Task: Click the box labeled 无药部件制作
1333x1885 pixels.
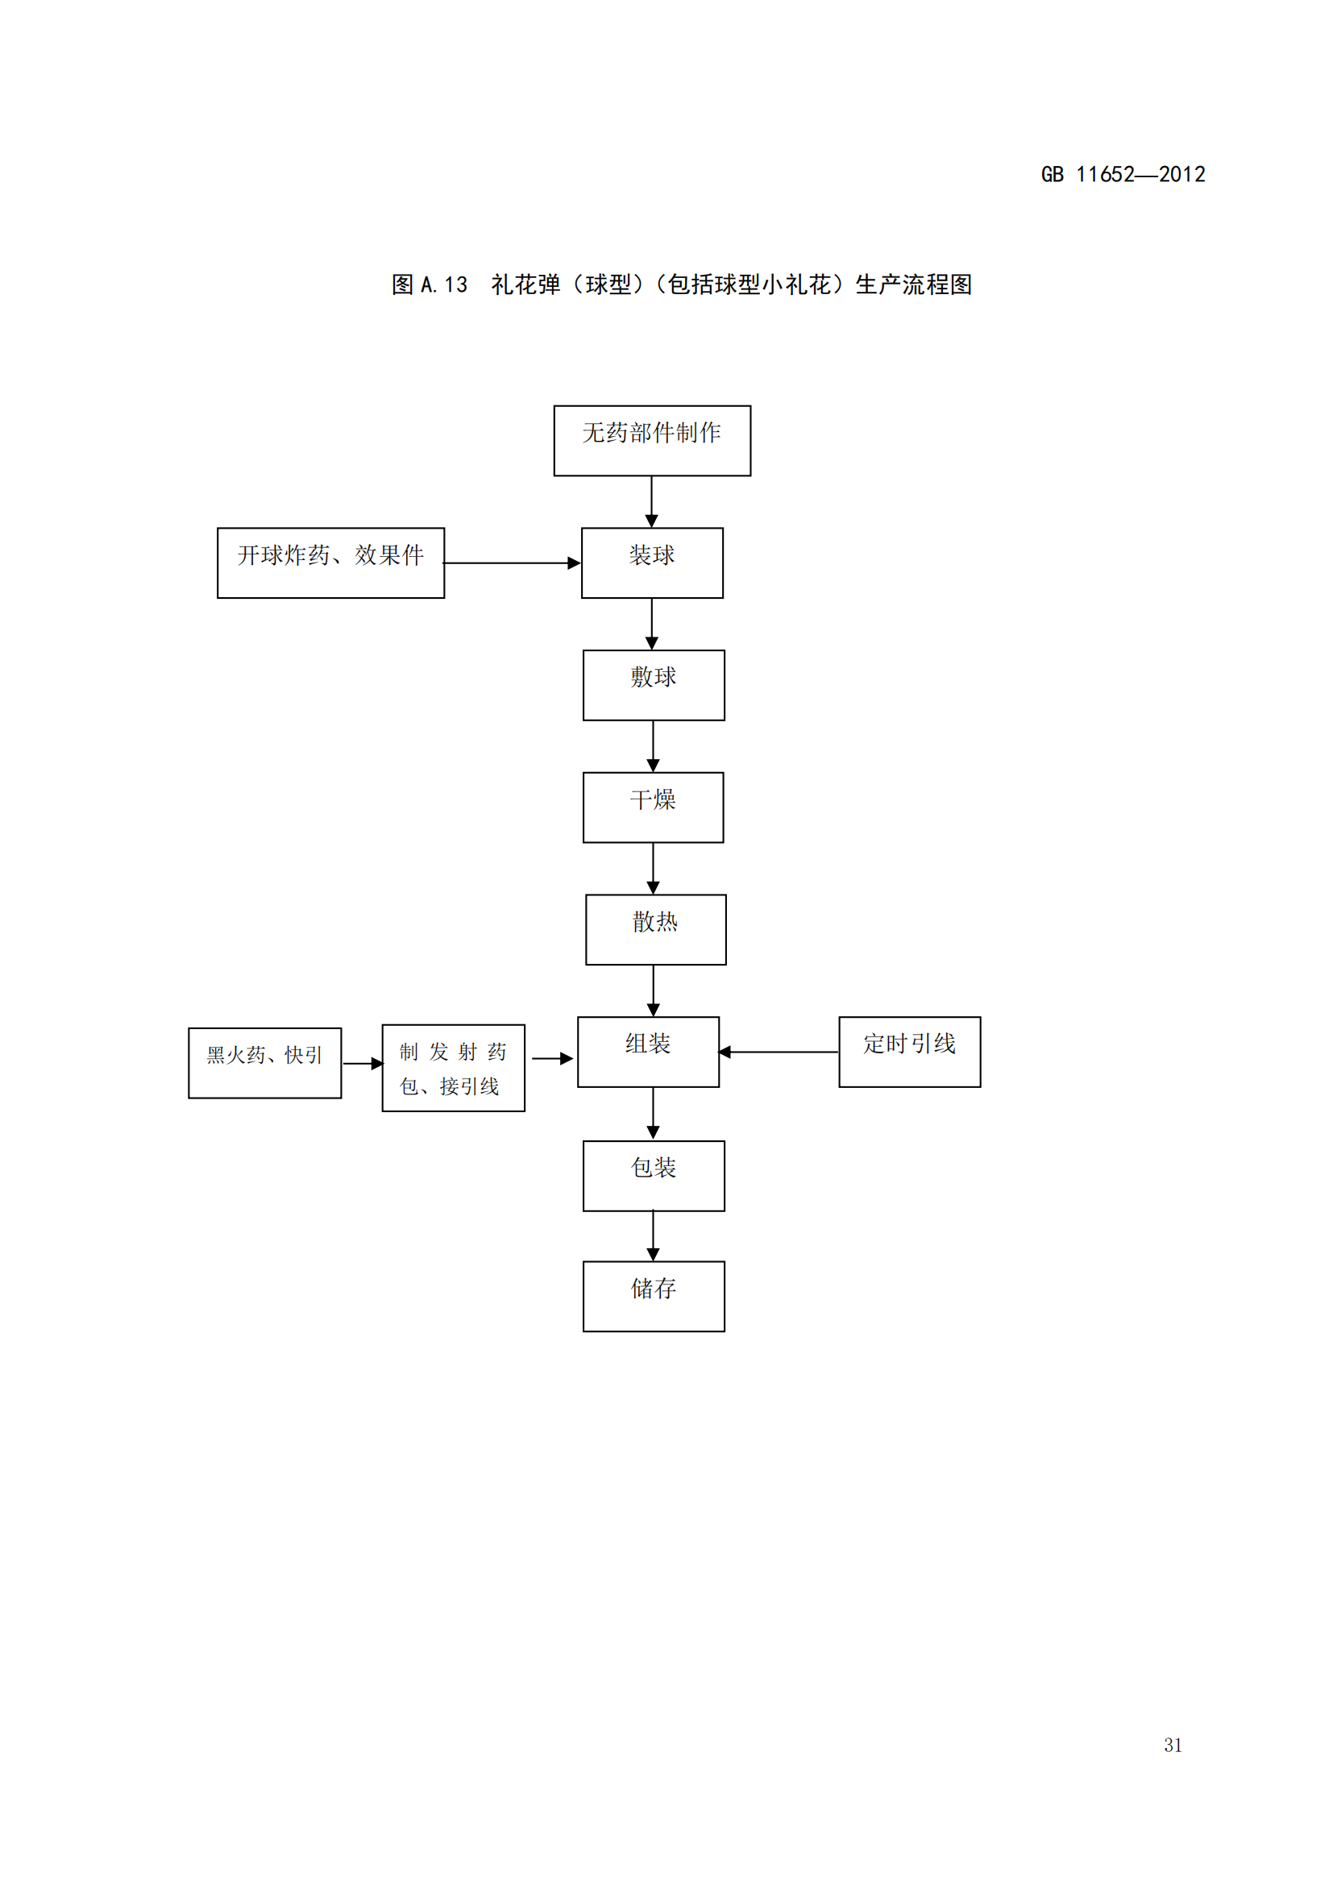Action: (652, 440)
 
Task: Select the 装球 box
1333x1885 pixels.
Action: (652, 563)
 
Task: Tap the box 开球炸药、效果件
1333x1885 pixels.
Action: (330, 563)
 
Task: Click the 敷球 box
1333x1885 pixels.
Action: (654, 685)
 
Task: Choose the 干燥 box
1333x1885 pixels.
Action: (653, 807)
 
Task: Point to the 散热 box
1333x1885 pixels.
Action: (655, 929)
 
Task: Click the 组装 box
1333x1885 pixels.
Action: (648, 1052)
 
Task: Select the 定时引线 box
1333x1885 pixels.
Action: (908, 1052)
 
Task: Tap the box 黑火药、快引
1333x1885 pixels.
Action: (264, 1062)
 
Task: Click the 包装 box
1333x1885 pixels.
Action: (654, 1176)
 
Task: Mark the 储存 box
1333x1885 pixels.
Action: (654, 1297)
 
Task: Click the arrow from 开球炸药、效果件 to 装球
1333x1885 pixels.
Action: (513, 563)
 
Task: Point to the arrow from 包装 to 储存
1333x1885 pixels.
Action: (653, 1235)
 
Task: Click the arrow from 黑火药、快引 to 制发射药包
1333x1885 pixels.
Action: (362, 1063)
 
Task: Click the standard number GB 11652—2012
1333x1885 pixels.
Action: (1122, 175)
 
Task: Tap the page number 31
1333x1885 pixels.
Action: (1172, 1745)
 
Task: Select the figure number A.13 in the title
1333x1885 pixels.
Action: (443, 284)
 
